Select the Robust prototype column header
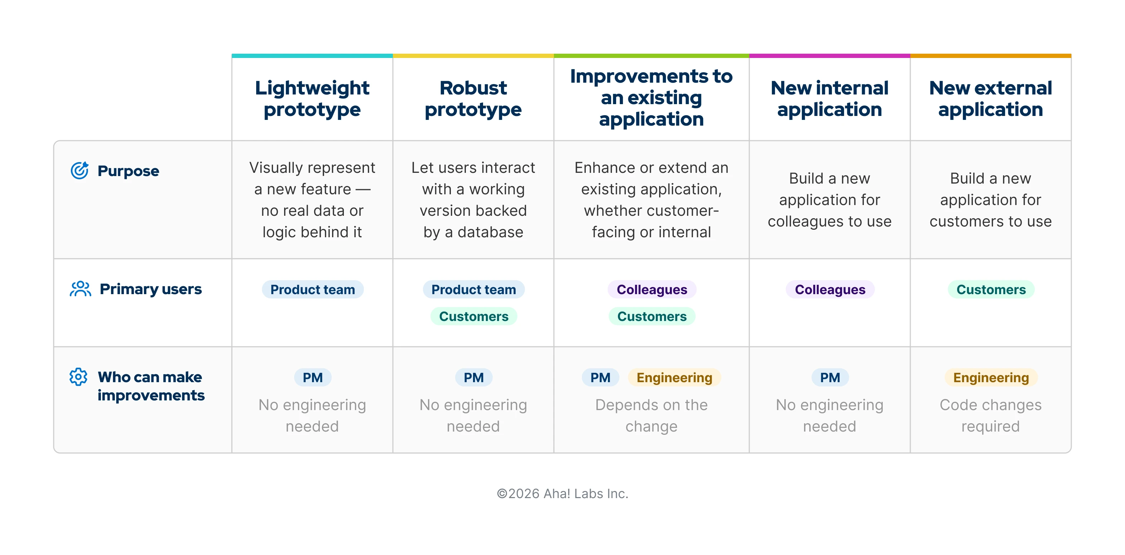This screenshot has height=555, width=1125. coord(473,99)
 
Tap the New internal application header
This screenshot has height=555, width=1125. coord(829,99)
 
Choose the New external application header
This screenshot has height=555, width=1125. coord(990,99)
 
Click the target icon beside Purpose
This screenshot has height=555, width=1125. coord(79,170)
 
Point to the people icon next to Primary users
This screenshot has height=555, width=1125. coord(81,289)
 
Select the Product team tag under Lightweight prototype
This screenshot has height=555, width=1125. coord(312,289)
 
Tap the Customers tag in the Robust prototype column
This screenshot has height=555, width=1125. coord(473,316)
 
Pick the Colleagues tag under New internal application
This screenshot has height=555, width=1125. coord(829,289)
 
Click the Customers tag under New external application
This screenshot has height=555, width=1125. coord(990,289)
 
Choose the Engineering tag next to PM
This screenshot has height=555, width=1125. coord(674,377)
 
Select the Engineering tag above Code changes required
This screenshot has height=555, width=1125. coord(990,377)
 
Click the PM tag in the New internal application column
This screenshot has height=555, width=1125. coord(829,377)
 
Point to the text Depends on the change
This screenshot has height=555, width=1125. coord(651,415)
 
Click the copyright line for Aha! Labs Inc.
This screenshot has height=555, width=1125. coord(562,493)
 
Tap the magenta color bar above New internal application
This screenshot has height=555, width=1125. coord(829,56)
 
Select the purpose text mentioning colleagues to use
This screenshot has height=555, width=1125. coord(829,200)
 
